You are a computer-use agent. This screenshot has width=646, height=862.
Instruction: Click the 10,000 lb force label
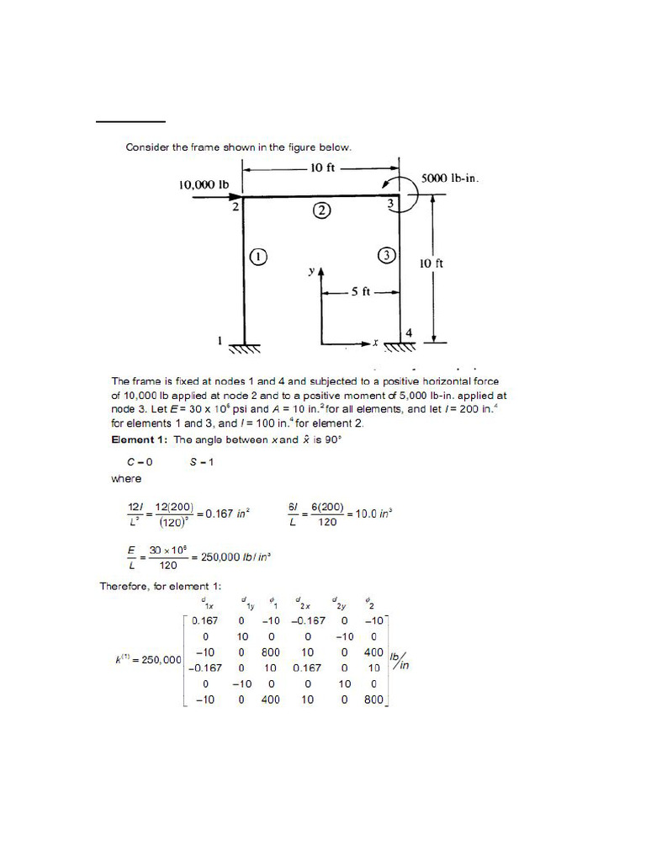pyautogui.click(x=204, y=184)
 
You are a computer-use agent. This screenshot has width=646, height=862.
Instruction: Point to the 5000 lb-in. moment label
pyautogui.click(x=450, y=178)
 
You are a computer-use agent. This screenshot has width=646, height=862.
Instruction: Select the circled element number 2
pyautogui.click(x=321, y=210)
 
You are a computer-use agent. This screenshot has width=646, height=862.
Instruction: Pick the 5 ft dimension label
pyautogui.click(x=361, y=292)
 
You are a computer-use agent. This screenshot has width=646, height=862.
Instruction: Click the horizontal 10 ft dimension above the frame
pyautogui.click(x=322, y=168)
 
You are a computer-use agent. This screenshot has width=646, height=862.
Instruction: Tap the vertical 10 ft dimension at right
pyautogui.click(x=432, y=263)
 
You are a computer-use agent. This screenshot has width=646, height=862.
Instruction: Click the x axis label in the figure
pyautogui.click(x=376, y=343)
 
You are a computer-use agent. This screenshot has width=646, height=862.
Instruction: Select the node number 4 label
pyautogui.click(x=409, y=333)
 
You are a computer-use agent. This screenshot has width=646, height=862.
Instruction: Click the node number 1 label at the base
pyautogui.click(x=220, y=341)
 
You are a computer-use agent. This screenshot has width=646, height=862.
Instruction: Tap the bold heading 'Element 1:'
pyautogui.click(x=140, y=439)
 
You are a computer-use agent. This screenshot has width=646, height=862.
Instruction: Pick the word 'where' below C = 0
pyautogui.click(x=126, y=478)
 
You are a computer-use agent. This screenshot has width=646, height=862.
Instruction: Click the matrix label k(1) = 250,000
pyautogui.click(x=148, y=661)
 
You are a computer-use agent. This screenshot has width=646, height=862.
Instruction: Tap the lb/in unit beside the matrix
pyautogui.click(x=400, y=661)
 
